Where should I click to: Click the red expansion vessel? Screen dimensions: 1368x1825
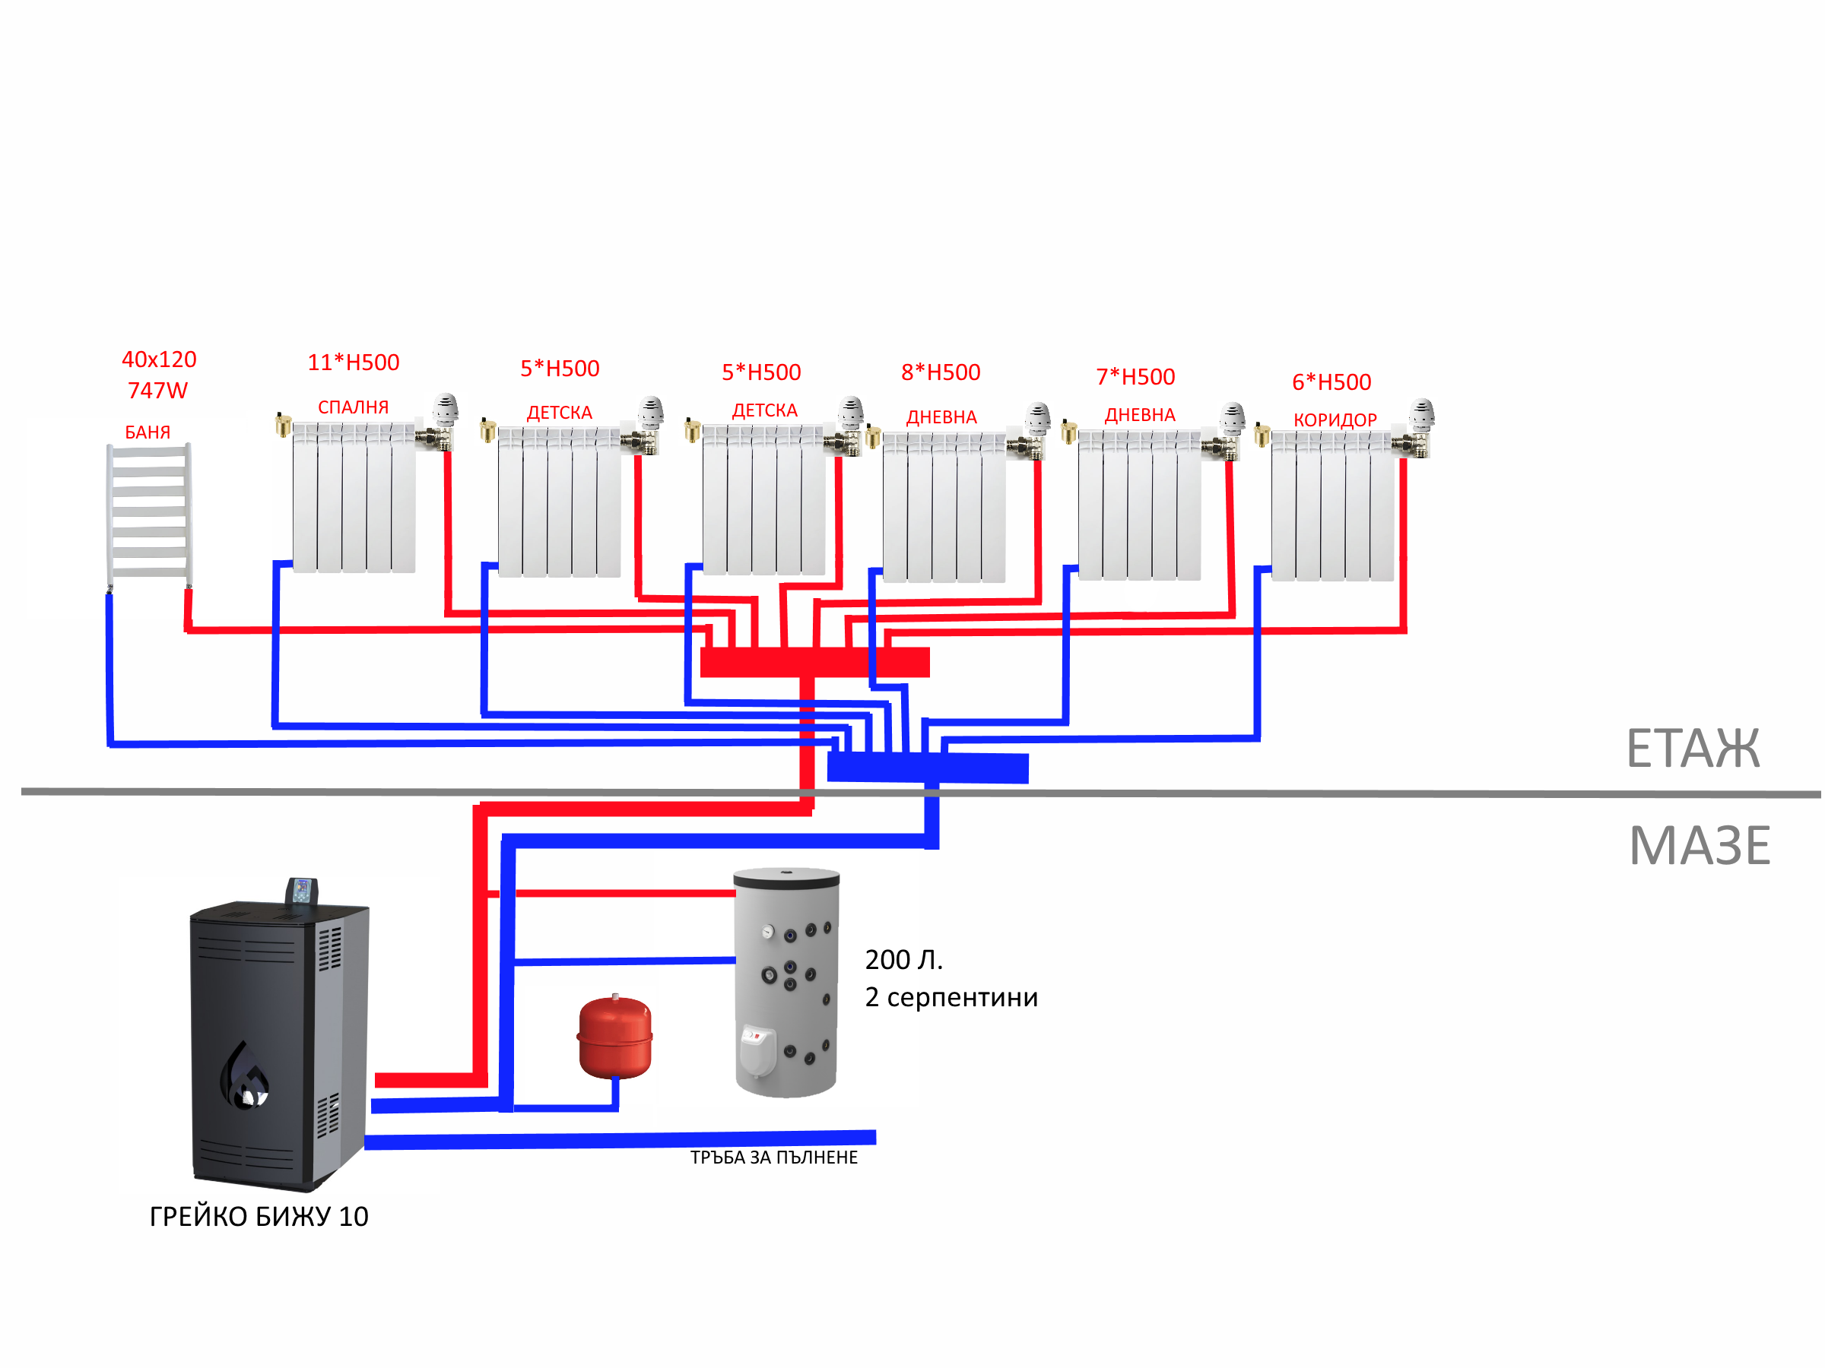point(615,1038)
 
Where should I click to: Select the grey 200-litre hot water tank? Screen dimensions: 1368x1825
point(786,981)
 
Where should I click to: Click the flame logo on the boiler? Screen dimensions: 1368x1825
point(244,1075)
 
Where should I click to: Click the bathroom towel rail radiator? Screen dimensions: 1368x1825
point(149,513)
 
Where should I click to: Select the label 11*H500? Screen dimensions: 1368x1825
point(353,363)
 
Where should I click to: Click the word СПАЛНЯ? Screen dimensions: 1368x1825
point(353,407)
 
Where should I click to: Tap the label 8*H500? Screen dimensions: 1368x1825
point(941,372)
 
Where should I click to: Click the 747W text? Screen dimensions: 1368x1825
point(157,391)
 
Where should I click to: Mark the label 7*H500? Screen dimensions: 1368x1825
point(1135,377)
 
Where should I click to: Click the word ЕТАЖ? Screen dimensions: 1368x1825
point(1692,749)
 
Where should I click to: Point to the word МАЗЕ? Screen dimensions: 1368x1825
point(1700,846)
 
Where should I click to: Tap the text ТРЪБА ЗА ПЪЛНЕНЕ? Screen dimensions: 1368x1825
point(774,1157)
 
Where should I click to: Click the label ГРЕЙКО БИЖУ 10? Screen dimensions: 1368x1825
point(259,1217)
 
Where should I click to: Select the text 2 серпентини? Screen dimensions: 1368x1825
point(951,998)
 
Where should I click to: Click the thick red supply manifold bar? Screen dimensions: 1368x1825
point(814,662)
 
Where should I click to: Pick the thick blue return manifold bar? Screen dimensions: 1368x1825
point(928,768)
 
